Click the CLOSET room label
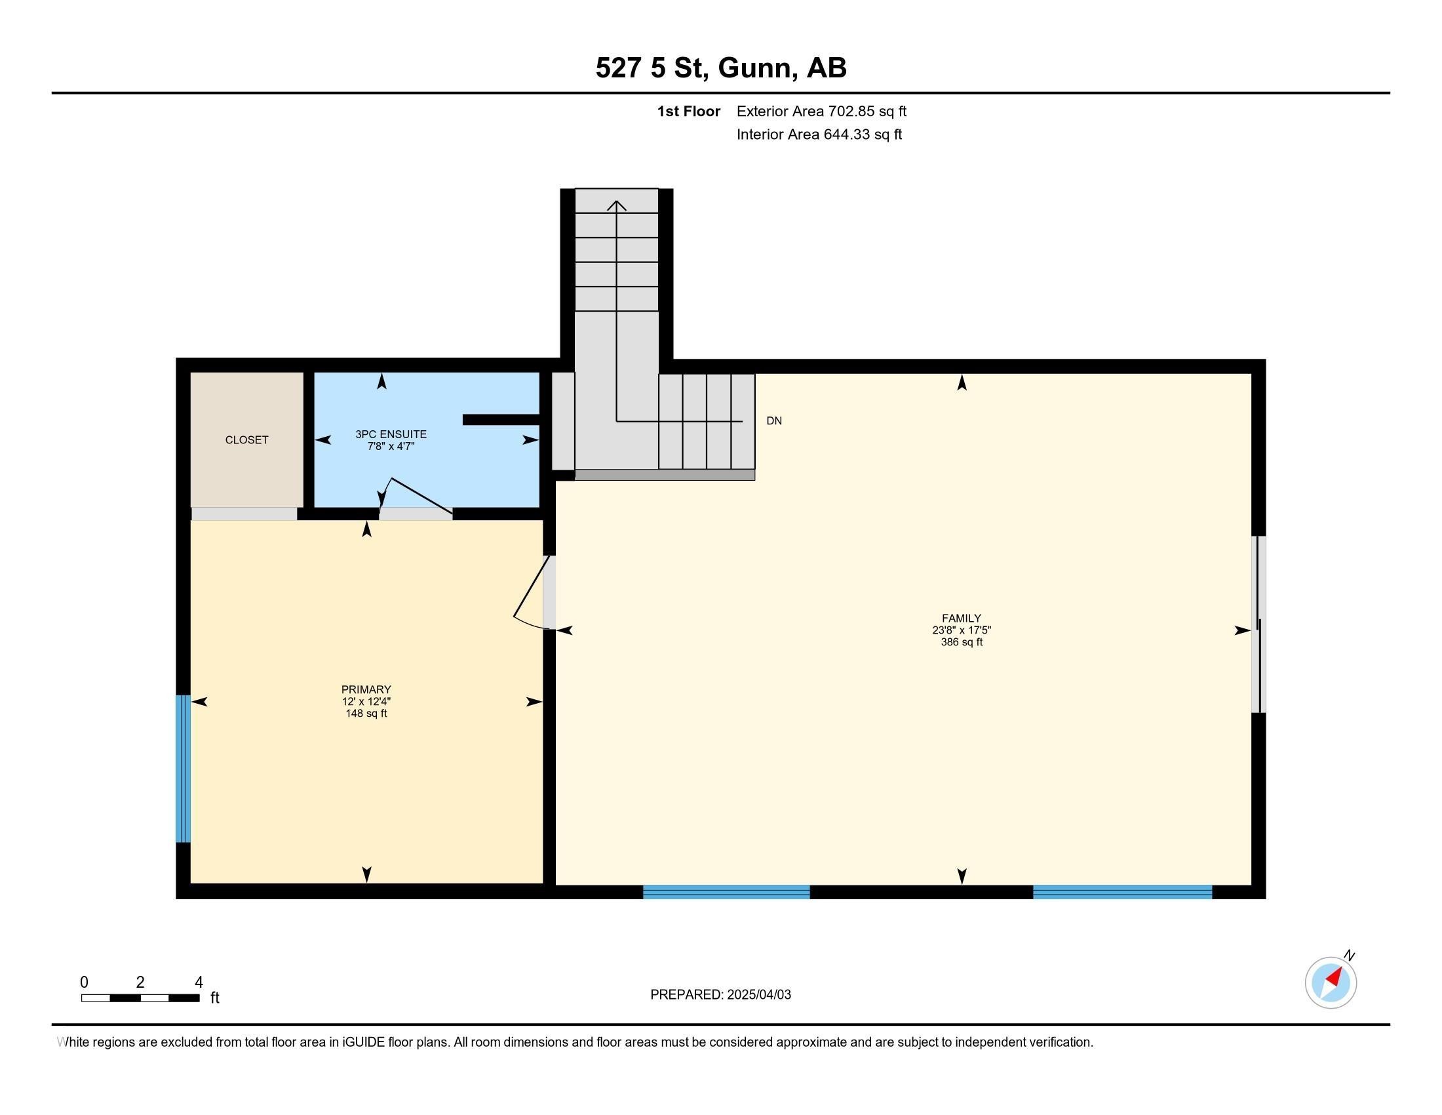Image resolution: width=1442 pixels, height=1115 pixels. point(246,440)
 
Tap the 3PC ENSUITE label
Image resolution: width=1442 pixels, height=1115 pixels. point(391,434)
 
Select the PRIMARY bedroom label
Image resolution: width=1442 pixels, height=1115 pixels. point(366,689)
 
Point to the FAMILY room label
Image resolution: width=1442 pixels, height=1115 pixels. point(962,618)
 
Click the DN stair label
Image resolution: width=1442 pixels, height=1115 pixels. point(774,421)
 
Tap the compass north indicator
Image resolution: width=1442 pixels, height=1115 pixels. point(1331,983)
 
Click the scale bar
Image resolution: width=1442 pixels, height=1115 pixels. point(141,998)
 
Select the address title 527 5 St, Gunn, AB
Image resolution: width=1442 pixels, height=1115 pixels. point(721,68)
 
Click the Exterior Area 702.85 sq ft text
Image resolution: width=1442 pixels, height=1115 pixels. point(821,111)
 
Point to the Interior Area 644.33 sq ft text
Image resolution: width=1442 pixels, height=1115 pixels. point(819,134)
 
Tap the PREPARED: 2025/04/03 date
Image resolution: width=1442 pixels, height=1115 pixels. point(720,995)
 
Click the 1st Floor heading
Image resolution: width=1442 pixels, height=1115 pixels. point(689,111)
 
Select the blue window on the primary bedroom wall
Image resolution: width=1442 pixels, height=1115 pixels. point(183,769)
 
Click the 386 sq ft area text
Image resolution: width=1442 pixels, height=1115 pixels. point(962,642)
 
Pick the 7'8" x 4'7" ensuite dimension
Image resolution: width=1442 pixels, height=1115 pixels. point(391,446)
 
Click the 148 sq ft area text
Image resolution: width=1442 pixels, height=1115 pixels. point(366,714)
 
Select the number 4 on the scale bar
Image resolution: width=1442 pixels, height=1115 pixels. point(199,983)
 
